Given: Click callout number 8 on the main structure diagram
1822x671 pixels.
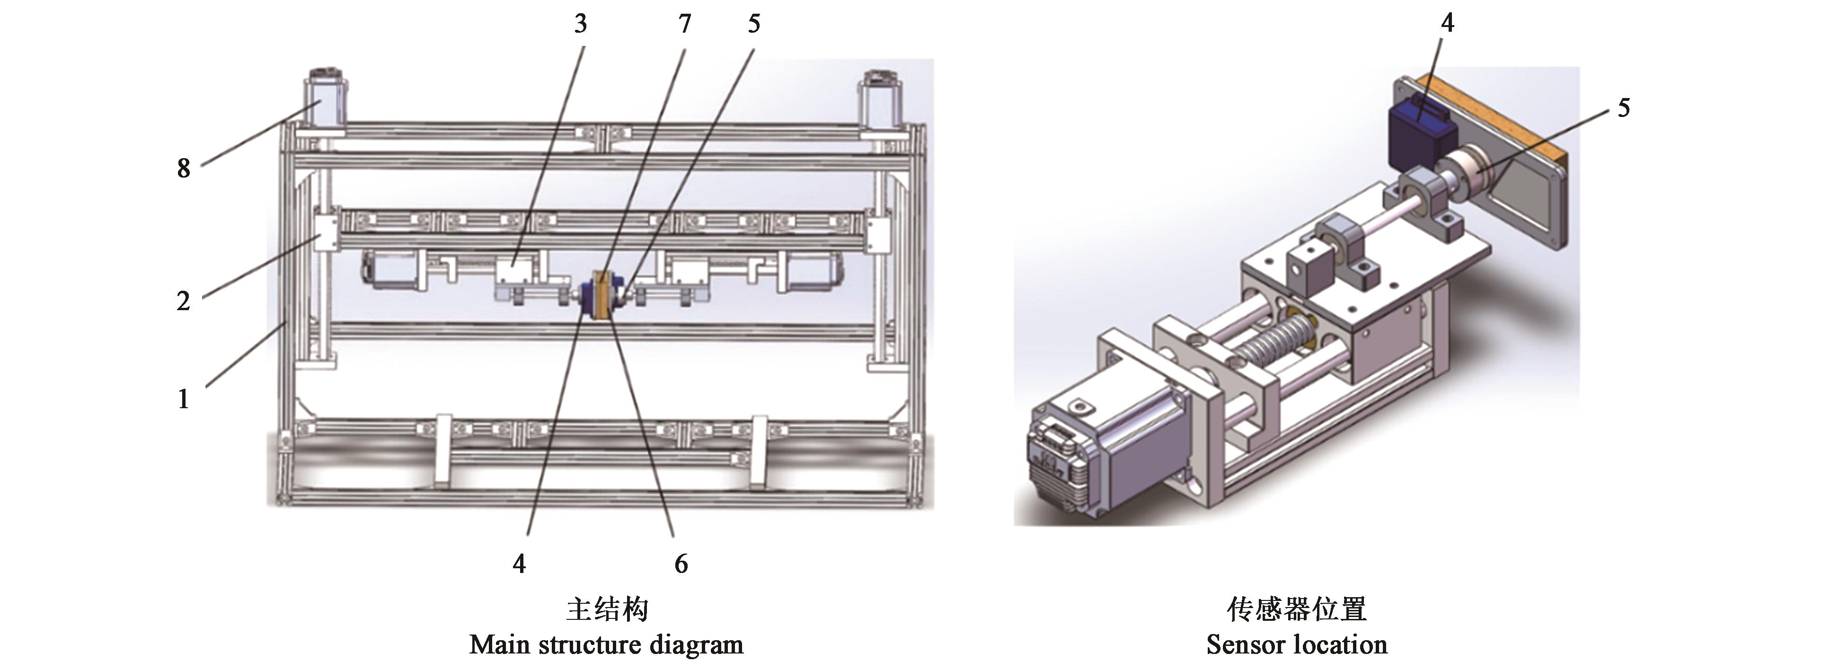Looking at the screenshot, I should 183,169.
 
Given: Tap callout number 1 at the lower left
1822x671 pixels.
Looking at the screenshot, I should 183,399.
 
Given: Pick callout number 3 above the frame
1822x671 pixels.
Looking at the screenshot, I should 581,24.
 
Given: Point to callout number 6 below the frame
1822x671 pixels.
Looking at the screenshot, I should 681,564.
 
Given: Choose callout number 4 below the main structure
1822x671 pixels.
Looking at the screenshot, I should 519,564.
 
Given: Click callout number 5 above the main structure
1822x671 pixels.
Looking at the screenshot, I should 754,24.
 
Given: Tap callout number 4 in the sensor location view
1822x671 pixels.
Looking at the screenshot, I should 1448,23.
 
